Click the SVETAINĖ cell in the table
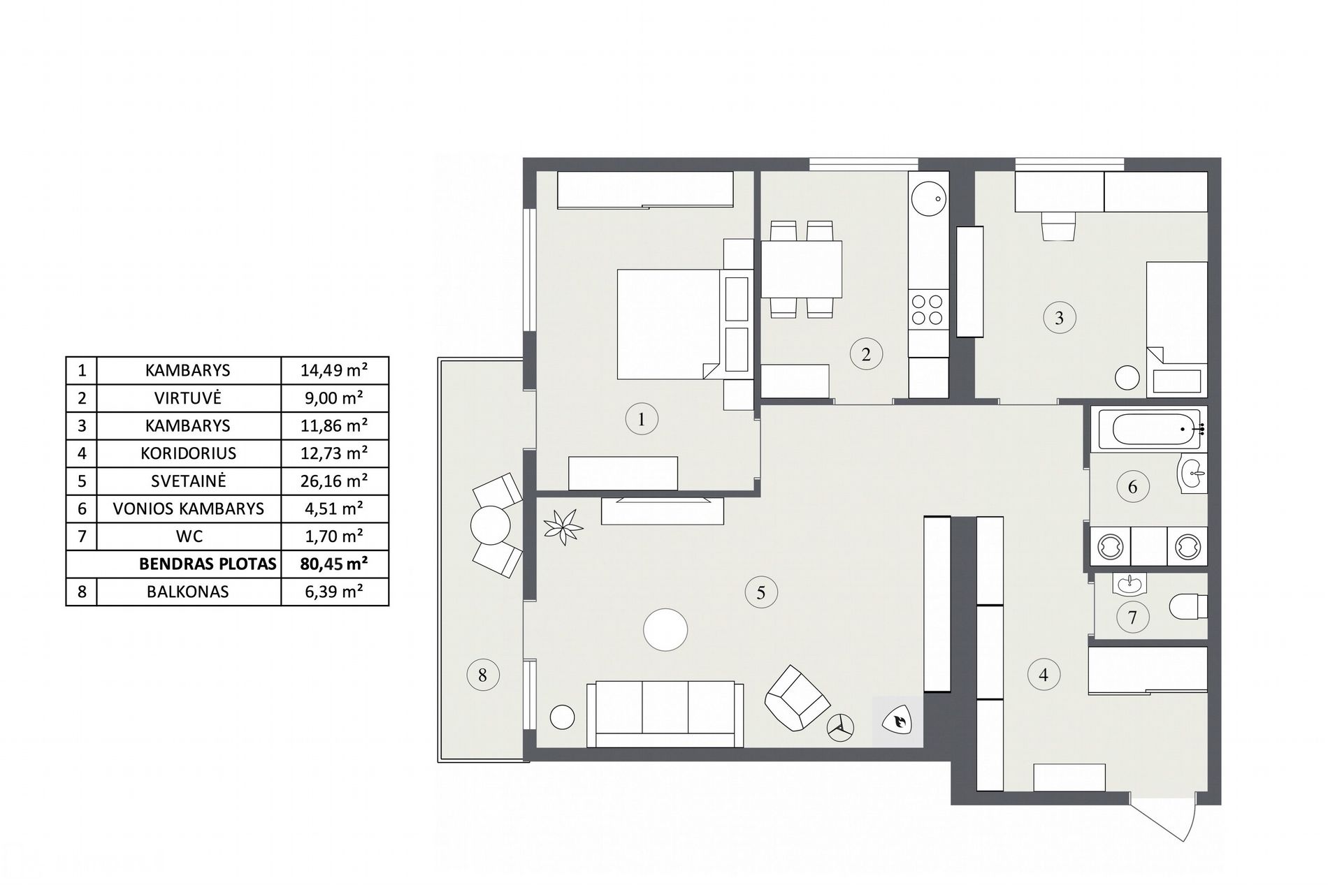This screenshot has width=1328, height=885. click(188, 481)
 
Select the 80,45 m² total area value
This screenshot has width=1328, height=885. click(334, 564)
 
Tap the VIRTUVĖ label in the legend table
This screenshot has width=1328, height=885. click(188, 398)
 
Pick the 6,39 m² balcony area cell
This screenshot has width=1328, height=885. click(334, 592)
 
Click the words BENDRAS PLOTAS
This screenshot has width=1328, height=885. click(208, 564)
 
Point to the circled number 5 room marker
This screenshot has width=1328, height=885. click(760, 593)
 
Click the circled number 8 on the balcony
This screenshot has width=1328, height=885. click(482, 675)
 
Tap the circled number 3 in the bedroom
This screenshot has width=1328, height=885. click(1059, 318)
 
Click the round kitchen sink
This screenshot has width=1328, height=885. click(928, 199)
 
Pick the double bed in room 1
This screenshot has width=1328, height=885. click(669, 325)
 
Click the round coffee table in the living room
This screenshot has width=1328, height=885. click(665, 630)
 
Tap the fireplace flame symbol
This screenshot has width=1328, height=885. click(897, 721)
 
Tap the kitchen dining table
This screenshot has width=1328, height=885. click(801, 269)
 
